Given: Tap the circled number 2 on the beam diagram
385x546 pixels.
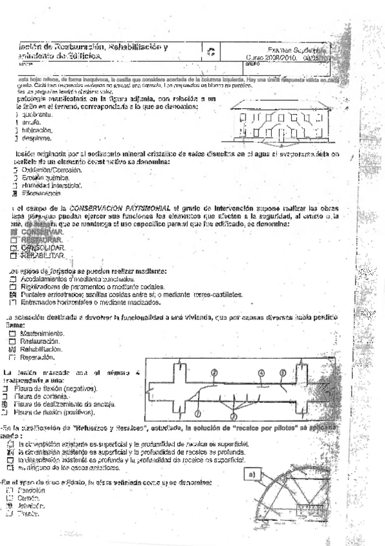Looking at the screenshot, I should [213, 372].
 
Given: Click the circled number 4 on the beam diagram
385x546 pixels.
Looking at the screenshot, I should [261, 372].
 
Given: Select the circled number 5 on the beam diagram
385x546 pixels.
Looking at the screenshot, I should [282, 372].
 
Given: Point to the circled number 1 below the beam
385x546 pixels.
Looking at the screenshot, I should [198, 413].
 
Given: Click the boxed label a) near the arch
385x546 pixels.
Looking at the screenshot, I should [253, 475].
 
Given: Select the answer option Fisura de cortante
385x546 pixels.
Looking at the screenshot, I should [44, 396].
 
